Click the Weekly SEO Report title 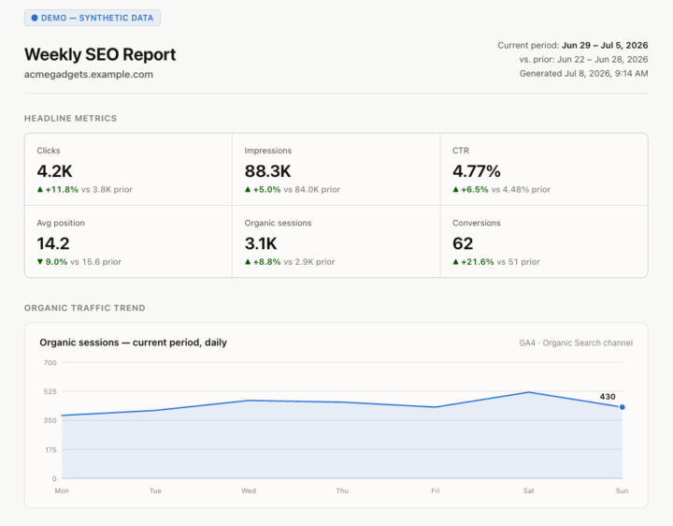(100, 54)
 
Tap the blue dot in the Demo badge (35, 18)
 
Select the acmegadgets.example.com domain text (89, 74)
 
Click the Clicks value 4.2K (54, 171)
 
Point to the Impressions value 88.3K (268, 171)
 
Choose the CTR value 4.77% (477, 171)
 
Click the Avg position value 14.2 (53, 243)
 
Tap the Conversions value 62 (463, 243)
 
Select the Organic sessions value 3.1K (261, 243)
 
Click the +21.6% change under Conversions (478, 262)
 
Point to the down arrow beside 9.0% (40, 262)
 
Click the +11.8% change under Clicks (62, 189)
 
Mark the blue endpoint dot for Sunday (622, 407)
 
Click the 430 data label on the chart (608, 397)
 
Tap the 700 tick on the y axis (50, 363)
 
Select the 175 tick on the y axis (50, 450)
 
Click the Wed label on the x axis (249, 490)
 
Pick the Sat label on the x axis (528, 490)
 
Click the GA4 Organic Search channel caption (576, 343)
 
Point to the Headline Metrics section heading (70, 119)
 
